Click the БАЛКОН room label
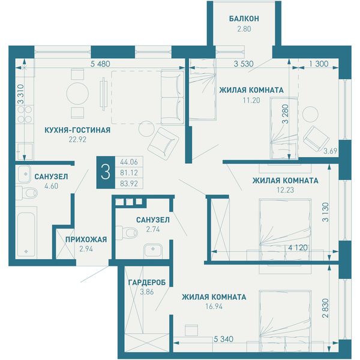tap(244, 19)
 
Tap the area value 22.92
tap(77, 139)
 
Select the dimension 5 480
tap(100, 64)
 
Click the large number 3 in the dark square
tap(106, 172)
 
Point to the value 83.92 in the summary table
tap(129, 184)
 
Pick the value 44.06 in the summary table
tap(129, 162)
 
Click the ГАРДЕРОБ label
tap(147, 283)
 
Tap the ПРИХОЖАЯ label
tap(86, 239)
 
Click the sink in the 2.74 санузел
tap(153, 251)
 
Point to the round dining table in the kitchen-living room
tap(77, 93)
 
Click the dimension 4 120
tap(298, 247)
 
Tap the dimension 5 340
tap(223, 339)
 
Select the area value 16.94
tap(214, 307)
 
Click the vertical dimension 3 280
tap(285, 114)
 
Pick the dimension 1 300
tap(319, 64)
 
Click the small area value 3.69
tap(331, 151)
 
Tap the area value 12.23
tap(286, 190)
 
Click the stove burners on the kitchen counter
tap(25, 115)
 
